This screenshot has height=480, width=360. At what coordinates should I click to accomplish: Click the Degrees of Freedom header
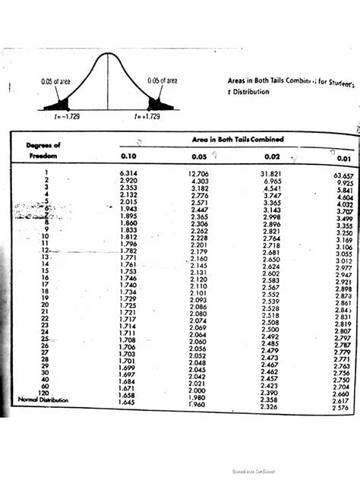click(x=44, y=150)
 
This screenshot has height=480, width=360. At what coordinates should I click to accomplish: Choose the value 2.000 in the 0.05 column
click(x=197, y=390)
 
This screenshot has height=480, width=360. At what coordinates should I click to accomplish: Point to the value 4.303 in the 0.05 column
click(x=201, y=182)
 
